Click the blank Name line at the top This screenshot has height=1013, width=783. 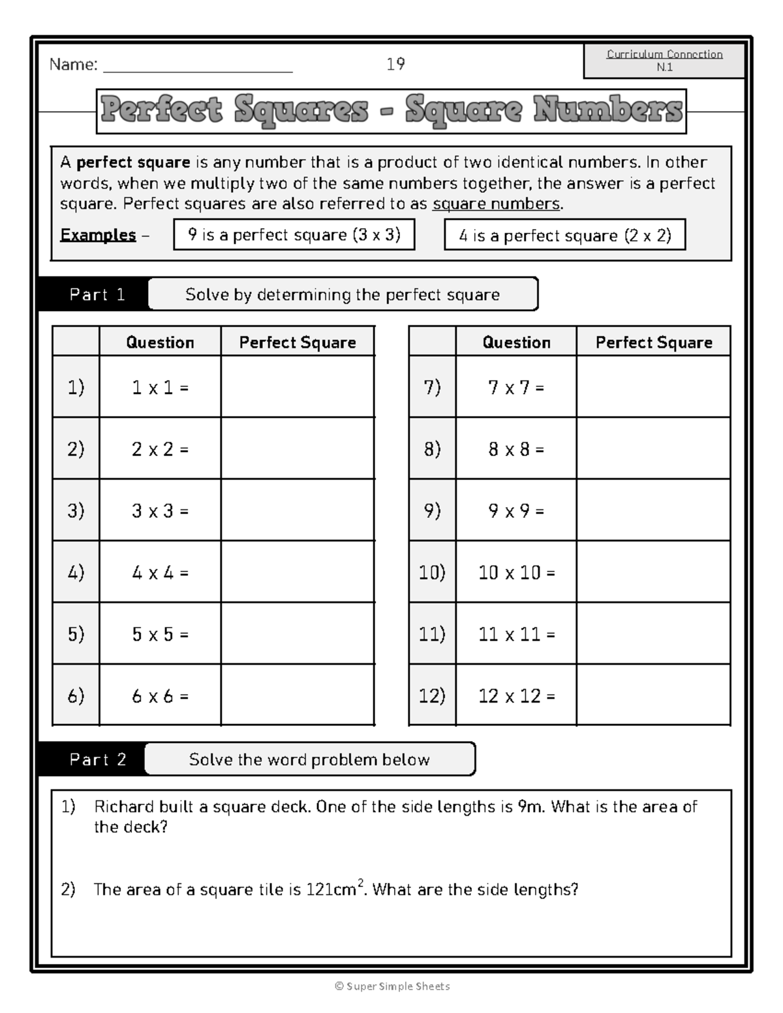[x=198, y=65]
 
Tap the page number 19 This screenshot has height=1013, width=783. [x=395, y=64]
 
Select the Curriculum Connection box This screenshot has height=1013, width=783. [x=664, y=61]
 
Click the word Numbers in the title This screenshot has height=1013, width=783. [x=607, y=110]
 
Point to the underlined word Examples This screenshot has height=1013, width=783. [x=98, y=235]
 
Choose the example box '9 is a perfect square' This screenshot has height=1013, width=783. [x=294, y=235]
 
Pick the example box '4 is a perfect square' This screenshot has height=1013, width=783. [x=564, y=235]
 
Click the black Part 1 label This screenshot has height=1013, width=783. [x=97, y=295]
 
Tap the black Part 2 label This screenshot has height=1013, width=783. [x=97, y=759]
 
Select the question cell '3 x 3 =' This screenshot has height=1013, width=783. [x=160, y=511]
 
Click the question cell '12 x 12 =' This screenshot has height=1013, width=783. [x=516, y=696]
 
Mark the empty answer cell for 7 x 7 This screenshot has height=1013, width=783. [x=653, y=387]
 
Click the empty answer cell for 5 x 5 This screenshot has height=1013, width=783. [x=298, y=634]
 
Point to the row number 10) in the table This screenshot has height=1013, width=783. [x=432, y=573]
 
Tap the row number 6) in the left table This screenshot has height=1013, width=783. [x=76, y=696]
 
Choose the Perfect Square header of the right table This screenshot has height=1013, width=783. [x=654, y=342]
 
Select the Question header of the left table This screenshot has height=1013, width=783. [x=160, y=342]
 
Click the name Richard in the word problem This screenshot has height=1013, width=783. [x=120, y=807]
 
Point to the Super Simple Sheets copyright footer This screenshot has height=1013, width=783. [x=392, y=986]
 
